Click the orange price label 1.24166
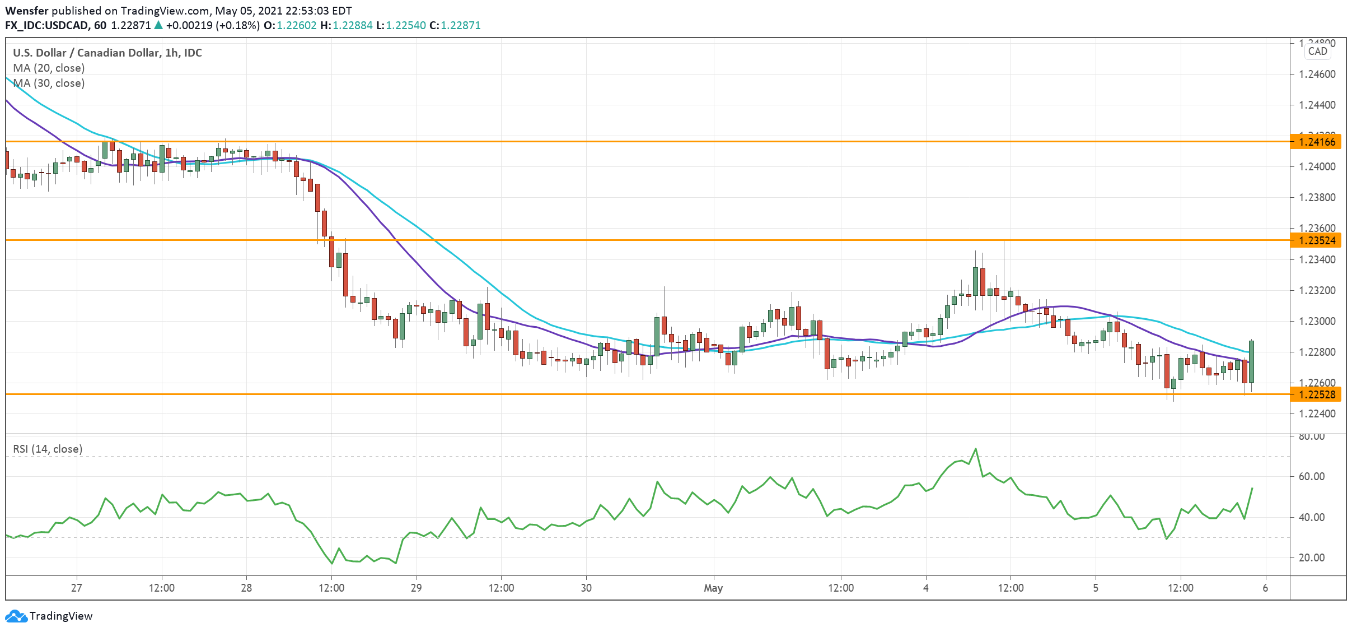click(x=1317, y=142)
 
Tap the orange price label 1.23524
click(x=1317, y=240)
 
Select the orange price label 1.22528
click(x=1317, y=394)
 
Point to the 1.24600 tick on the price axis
click(x=1316, y=74)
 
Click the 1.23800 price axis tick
click(x=1316, y=197)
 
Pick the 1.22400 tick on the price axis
click(x=1316, y=413)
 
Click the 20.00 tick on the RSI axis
click(x=1312, y=557)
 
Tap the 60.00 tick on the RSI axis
click(x=1312, y=476)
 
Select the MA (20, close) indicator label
click(x=49, y=68)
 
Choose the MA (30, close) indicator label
click(x=49, y=83)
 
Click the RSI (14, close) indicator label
click(x=48, y=449)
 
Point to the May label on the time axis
click(x=713, y=588)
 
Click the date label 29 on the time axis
click(x=416, y=588)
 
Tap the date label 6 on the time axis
click(x=1265, y=588)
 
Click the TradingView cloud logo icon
click(x=16, y=616)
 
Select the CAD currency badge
click(x=1318, y=51)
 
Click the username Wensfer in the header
click(x=27, y=11)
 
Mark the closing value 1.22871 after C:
click(x=461, y=25)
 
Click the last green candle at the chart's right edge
click(x=1251, y=361)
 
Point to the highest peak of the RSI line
click(x=976, y=449)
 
